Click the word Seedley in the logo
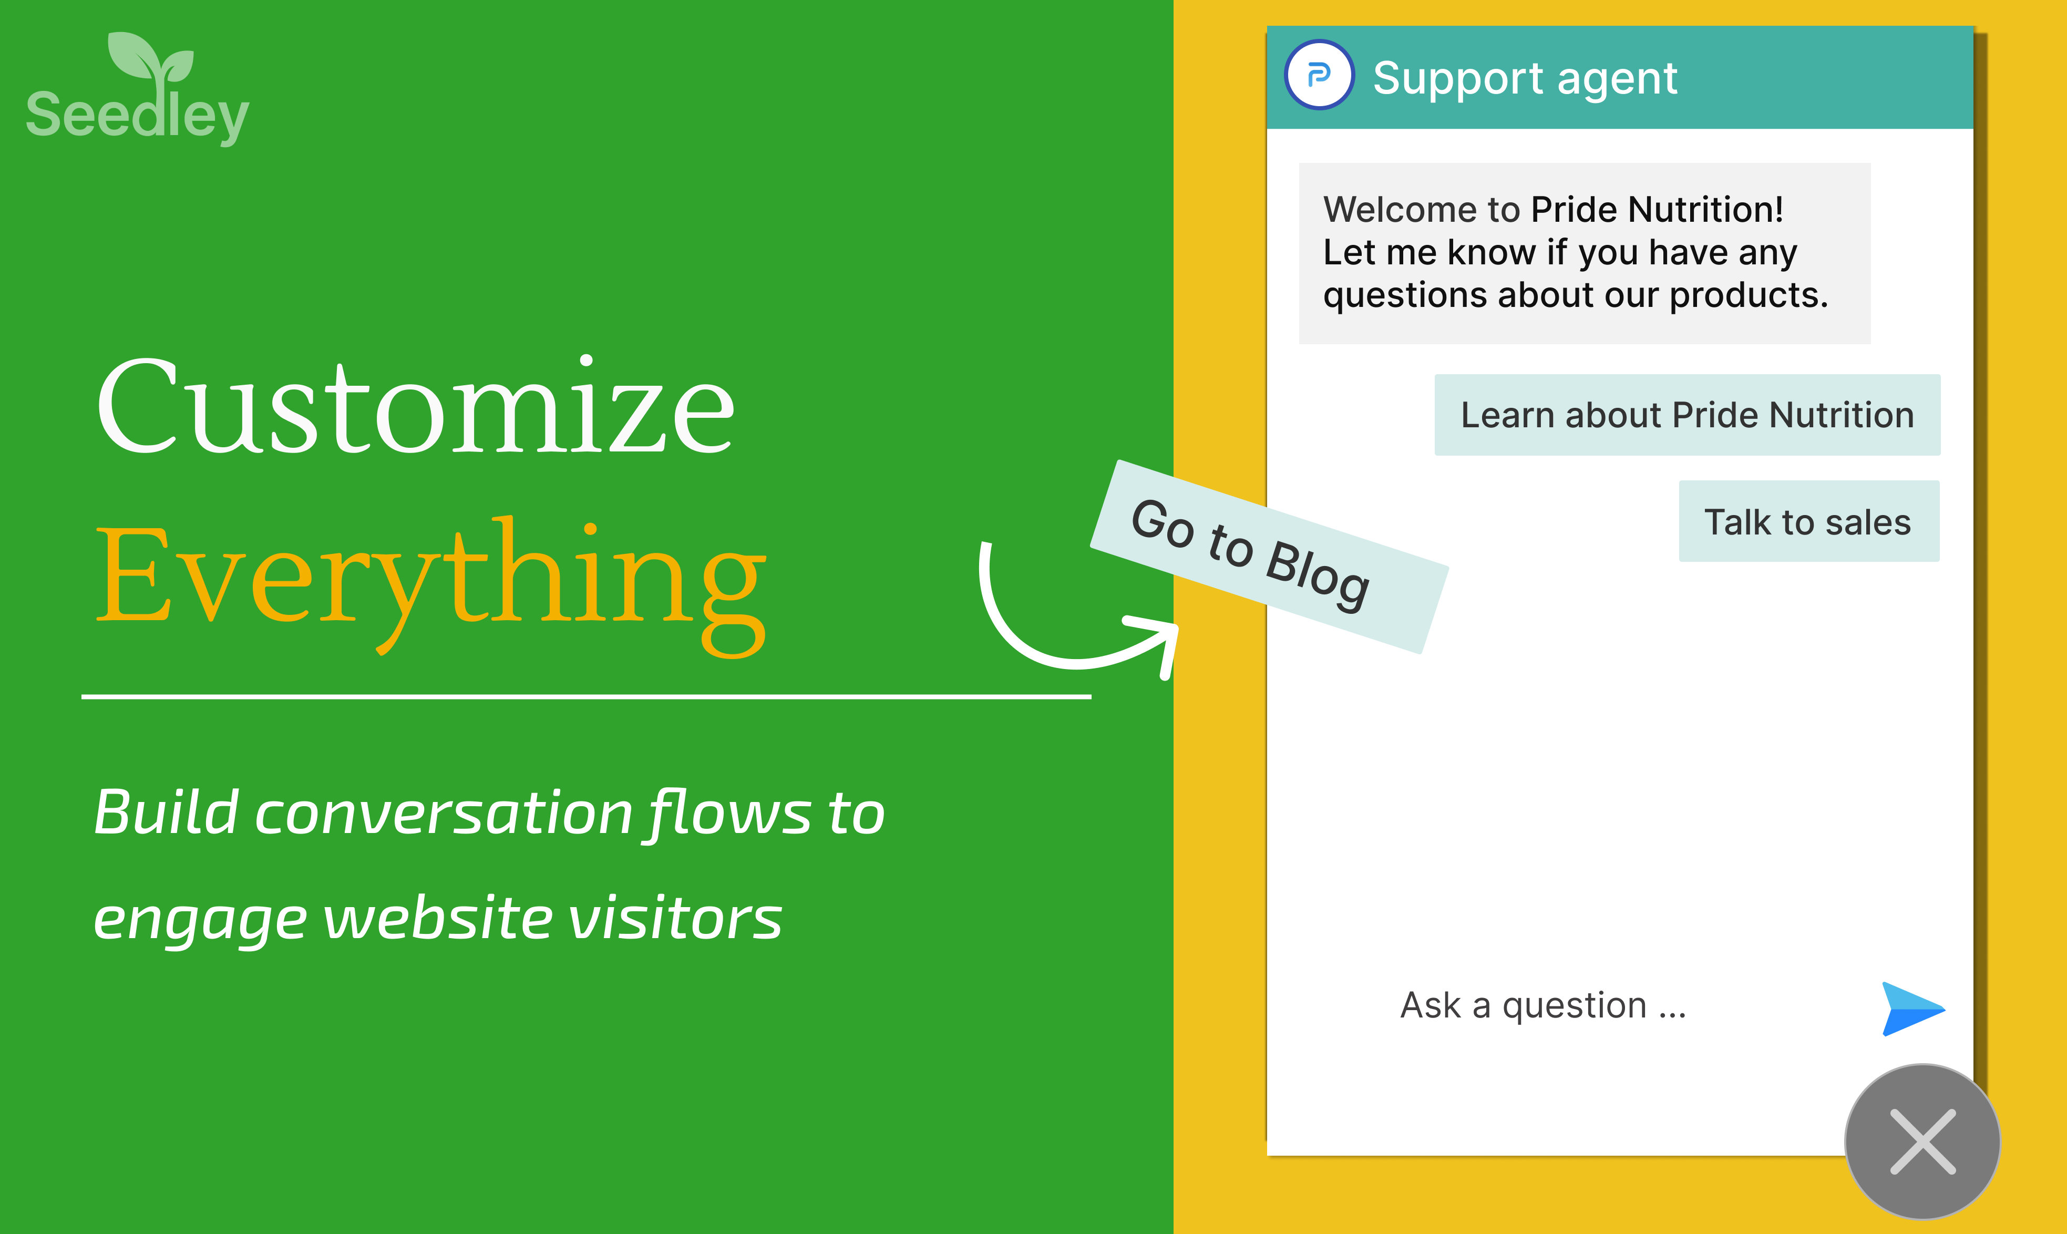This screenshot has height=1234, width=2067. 137,117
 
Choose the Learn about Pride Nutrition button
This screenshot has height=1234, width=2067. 1687,415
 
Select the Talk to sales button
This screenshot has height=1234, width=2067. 1808,521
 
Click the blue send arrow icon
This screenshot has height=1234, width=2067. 1912,1009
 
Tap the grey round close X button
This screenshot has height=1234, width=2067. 1922,1142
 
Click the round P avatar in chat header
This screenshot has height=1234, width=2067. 1320,75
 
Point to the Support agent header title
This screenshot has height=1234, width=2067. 1525,79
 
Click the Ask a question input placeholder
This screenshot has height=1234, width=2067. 1543,1005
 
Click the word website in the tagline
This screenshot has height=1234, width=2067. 437,918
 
